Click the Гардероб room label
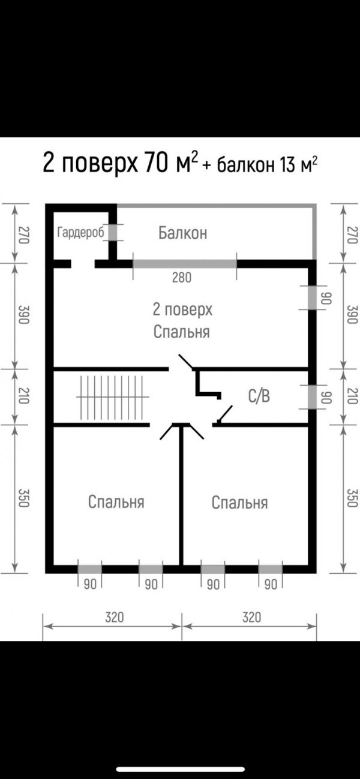[80, 232]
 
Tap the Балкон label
[182, 233]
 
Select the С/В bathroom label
[259, 396]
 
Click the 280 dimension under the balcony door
[182, 278]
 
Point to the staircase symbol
[113, 397]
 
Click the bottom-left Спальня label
[116, 502]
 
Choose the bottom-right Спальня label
[239, 503]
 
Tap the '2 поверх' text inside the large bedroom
[182, 309]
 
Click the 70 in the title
[157, 163]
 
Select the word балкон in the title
[245, 165]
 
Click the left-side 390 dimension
[23, 314]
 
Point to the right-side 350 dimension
[352, 498]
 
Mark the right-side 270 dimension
[352, 235]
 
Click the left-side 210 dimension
[23, 396]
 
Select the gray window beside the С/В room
[313, 397]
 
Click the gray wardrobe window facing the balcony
[113, 233]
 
